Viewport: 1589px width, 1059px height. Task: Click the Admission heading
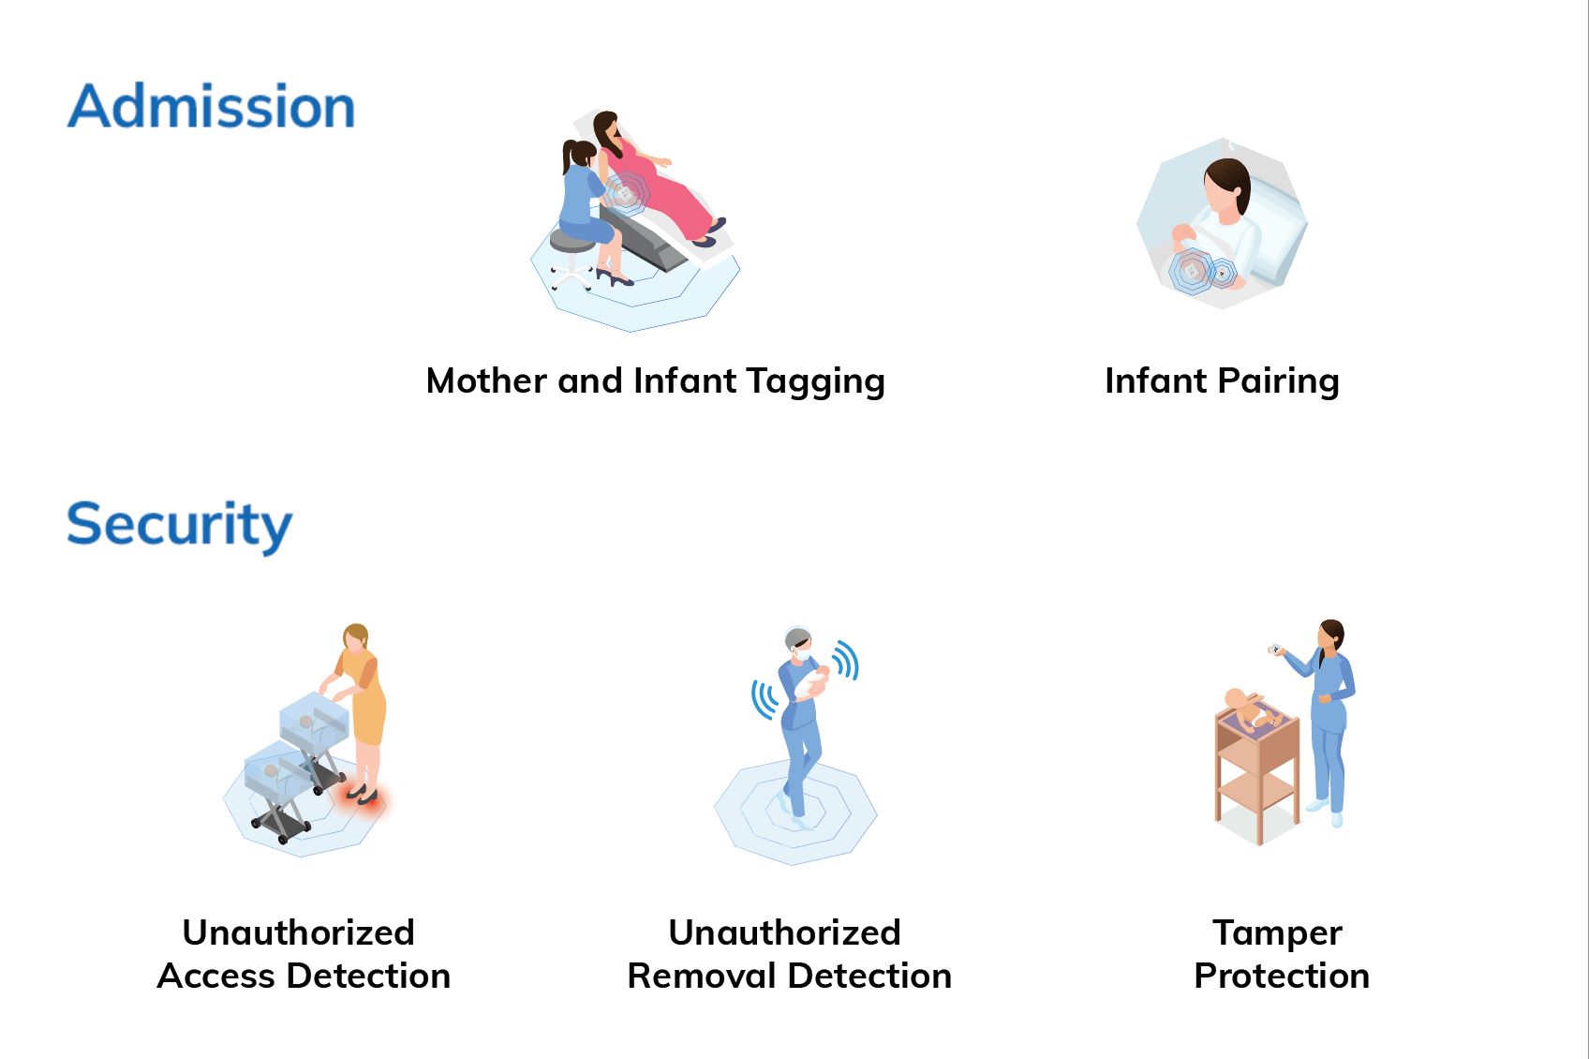coord(211,106)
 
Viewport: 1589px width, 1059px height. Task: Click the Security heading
coord(179,525)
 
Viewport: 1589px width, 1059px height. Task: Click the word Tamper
coord(1277,932)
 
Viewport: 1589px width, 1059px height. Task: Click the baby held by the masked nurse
coord(810,683)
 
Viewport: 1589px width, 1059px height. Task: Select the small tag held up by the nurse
coord(1275,649)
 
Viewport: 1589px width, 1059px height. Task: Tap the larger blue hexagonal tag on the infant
coord(1191,272)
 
